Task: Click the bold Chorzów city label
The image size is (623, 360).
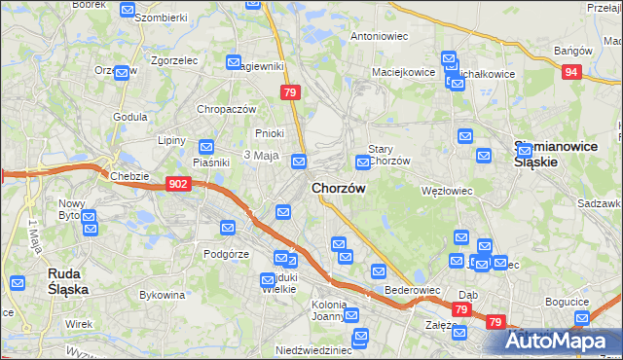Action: click(338, 188)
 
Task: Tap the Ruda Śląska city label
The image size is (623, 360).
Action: click(69, 282)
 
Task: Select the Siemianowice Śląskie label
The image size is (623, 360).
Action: click(549, 155)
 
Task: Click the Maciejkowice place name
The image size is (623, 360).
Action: click(402, 72)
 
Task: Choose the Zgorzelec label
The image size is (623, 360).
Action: click(175, 59)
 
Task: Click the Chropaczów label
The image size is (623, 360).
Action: click(226, 109)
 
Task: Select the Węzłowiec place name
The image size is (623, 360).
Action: click(446, 191)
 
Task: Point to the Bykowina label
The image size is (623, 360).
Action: click(162, 293)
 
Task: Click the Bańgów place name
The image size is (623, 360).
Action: click(572, 50)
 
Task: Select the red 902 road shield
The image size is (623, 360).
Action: click(177, 183)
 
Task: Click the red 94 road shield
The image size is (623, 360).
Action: click(573, 71)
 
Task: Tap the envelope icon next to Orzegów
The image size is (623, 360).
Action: click(122, 73)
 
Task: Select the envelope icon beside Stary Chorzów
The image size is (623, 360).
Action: click(362, 161)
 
